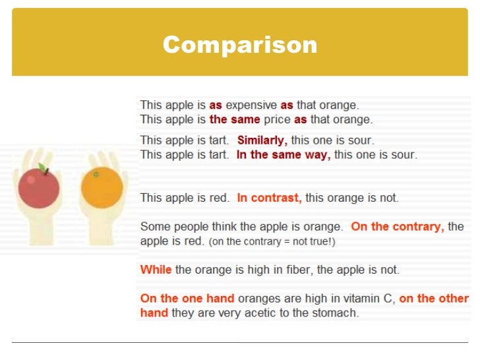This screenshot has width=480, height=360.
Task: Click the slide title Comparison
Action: (240, 45)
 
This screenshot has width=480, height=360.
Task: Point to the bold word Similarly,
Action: (262, 140)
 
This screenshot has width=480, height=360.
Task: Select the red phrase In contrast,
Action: (269, 198)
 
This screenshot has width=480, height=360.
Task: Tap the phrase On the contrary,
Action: (398, 227)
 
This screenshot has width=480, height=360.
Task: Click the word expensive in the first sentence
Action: (251, 105)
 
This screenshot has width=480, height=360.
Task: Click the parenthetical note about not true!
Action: (272, 242)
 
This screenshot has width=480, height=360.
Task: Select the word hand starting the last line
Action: (154, 313)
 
